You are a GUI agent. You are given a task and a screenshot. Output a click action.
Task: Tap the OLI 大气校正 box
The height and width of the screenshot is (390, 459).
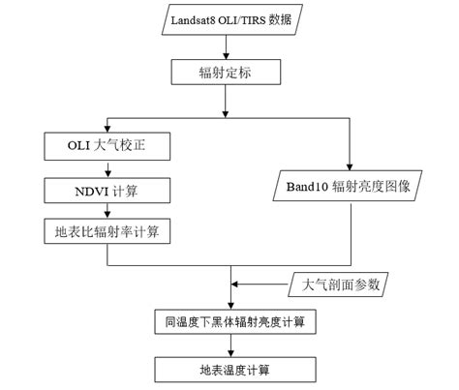point(107,148)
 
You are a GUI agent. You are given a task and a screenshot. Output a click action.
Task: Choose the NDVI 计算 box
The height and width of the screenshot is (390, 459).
point(107,190)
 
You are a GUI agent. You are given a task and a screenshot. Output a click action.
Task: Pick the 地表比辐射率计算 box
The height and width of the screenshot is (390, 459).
point(107,231)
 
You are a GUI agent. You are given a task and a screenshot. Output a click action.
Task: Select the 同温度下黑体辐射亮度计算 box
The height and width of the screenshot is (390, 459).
point(229,319)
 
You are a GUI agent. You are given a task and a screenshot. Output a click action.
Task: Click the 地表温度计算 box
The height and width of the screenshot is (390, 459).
point(229,369)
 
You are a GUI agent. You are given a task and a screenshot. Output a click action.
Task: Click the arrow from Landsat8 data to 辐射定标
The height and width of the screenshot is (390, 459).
point(229,46)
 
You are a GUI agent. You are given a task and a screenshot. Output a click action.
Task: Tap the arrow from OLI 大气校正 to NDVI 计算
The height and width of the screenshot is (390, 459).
point(107,169)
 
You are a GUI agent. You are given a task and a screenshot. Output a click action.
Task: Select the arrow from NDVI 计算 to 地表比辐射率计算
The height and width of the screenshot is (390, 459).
point(107,211)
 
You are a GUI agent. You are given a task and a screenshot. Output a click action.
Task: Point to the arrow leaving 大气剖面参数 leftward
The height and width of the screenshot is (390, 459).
point(261,285)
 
